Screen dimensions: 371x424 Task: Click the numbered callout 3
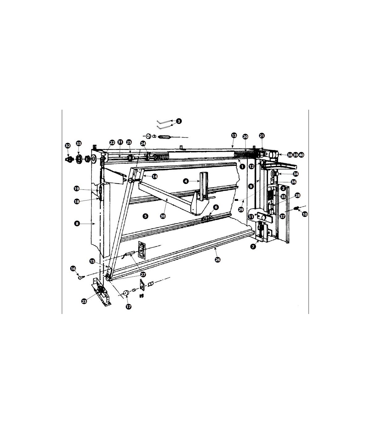pos(179,121)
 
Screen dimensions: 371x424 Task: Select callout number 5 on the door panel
pos(145,216)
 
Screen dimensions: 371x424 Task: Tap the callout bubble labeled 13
pos(234,136)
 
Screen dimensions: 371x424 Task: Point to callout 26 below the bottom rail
pos(217,260)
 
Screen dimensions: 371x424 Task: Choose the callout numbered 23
pos(84,301)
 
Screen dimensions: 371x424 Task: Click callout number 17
pos(129,307)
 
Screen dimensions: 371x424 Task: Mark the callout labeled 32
pos(68,146)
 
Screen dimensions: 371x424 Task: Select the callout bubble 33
pos(79,143)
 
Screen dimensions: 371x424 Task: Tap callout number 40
pos(301,155)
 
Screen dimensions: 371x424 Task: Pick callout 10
pos(305,214)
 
